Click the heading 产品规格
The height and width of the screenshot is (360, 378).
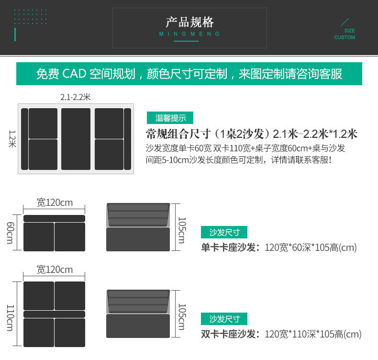point(189,22)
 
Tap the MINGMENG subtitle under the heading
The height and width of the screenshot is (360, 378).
point(189,34)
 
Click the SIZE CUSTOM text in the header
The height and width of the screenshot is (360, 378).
point(345,34)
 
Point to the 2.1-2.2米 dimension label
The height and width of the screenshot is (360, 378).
point(75,97)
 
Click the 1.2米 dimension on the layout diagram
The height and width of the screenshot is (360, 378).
point(12,139)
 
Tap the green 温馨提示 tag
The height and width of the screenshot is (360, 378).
point(170,118)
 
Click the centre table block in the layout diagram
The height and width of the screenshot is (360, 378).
point(76,139)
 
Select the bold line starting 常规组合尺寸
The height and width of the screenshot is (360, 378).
point(252,134)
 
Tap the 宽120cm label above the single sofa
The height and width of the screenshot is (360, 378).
point(55,202)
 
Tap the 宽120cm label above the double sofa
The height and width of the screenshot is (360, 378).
point(55,270)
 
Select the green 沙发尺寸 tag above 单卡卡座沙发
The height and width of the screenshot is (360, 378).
point(224,233)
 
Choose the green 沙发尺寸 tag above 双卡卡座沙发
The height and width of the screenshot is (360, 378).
point(224,319)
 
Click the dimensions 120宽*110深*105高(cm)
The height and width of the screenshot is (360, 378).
point(313,334)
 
